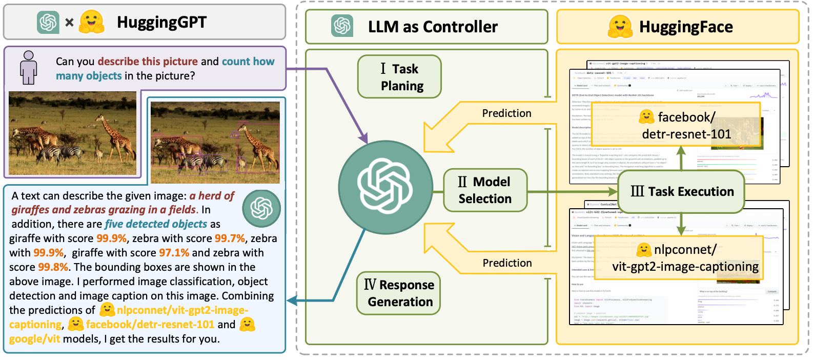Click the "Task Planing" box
(x=399, y=77)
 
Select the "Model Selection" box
(x=484, y=190)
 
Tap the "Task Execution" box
(x=681, y=192)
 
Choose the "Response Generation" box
(x=399, y=293)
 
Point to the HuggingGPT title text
(x=161, y=22)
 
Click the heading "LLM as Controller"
(x=433, y=27)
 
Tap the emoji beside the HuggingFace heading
(x=620, y=27)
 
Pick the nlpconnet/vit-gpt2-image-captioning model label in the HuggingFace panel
(x=685, y=258)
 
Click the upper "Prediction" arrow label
(x=506, y=113)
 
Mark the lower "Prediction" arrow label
(x=507, y=263)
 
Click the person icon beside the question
(x=29, y=67)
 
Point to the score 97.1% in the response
(x=174, y=253)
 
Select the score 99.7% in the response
(x=230, y=238)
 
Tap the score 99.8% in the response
(x=53, y=267)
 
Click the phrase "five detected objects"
(x=156, y=224)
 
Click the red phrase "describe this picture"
(x=148, y=62)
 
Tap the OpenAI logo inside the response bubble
(x=261, y=208)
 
